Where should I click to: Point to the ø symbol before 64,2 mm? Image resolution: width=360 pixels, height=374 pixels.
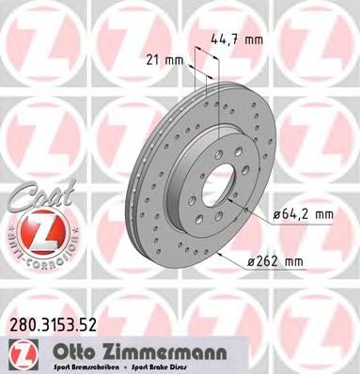point(277,215)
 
